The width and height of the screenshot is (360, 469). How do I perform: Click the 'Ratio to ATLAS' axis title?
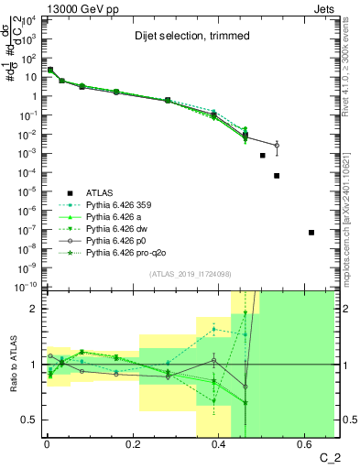coord(12,364)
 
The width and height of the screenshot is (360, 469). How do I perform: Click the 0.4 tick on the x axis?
coord(219,445)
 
